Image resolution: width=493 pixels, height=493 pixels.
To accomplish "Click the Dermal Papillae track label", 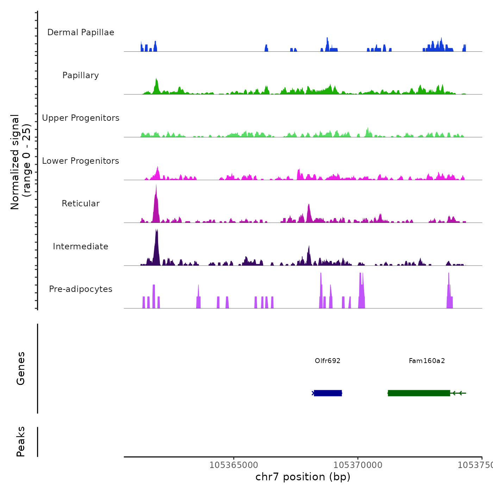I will (81, 32).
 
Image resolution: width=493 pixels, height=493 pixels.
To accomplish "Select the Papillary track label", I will (81, 75).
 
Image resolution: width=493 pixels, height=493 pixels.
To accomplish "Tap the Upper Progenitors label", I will (81, 118).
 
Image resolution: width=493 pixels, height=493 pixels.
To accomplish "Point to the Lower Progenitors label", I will (81, 161).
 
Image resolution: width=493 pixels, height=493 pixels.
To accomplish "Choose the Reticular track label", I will (81, 204).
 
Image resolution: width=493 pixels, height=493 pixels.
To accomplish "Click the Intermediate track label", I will (81, 246).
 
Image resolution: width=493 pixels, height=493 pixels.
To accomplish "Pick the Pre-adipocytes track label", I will (81, 289).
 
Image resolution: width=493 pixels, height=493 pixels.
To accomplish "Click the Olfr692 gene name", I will (327, 361).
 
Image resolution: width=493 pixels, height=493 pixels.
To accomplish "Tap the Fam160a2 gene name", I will (427, 361).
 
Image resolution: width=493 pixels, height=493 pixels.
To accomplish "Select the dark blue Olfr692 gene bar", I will (328, 393).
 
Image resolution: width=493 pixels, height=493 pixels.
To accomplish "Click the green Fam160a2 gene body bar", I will (419, 393).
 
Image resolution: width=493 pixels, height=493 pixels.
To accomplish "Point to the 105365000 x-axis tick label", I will (234, 465).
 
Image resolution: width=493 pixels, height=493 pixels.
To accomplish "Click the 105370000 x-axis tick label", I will (358, 465).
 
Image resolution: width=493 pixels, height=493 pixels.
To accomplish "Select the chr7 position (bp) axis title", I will (303, 477).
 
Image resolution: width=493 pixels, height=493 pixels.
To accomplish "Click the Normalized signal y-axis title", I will (20, 162).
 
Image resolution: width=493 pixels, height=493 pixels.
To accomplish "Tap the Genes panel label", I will (21, 368).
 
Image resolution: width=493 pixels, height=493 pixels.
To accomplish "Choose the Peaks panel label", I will (21, 442).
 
